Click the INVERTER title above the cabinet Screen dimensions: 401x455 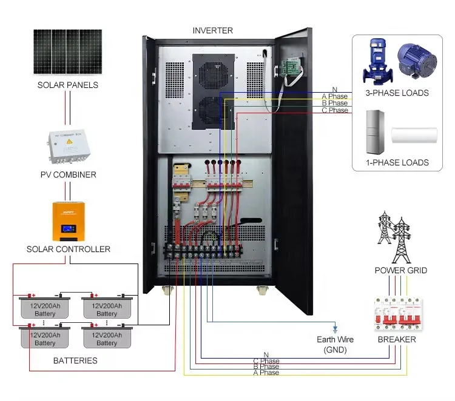(x=212, y=30)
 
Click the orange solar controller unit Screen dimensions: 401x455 (x=67, y=220)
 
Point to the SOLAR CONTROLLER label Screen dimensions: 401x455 (x=68, y=249)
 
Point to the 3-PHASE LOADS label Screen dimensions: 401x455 (x=397, y=93)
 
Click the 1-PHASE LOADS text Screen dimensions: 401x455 (x=397, y=162)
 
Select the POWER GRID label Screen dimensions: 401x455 (x=400, y=270)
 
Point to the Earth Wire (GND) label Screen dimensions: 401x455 (x=335, y=343)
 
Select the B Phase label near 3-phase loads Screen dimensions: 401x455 (x=334, y=104)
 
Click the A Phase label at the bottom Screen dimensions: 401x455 (x=266, y=373)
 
